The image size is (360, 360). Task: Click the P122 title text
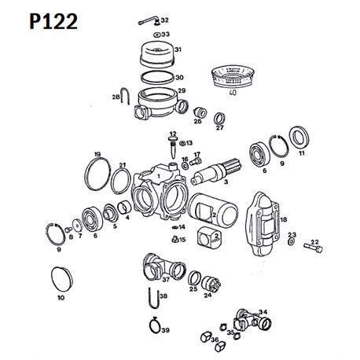pos(53,21)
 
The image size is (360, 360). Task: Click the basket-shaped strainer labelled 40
pos(233,76)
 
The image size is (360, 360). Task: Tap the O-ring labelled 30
pos(157,78)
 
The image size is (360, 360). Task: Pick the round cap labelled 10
pos(61,279)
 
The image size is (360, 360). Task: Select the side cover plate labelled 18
pos(263,223)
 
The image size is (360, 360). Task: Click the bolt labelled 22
pos(313,248)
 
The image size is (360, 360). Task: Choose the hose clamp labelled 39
pos(156,325)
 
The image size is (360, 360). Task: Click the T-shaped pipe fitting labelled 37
pos(164,267)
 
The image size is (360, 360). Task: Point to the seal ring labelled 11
pos(299,137)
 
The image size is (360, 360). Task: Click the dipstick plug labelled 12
pos(173,147)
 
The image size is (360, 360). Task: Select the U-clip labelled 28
pos(124,96)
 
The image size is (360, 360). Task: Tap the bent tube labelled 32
pos(149,21)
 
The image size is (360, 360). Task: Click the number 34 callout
pos(263,312)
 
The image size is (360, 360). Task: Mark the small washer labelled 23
pos(291,242)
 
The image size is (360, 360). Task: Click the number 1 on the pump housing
pos(158,175)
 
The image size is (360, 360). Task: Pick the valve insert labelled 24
pos(212,284)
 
